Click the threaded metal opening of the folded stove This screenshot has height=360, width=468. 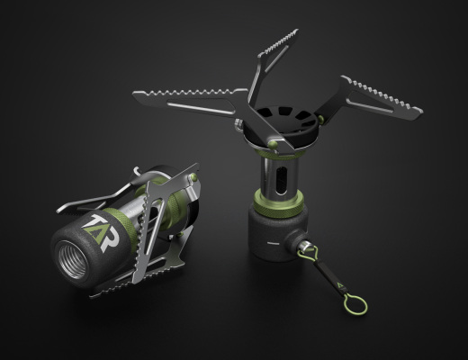point(73,260)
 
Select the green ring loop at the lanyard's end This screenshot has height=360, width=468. point(355,304)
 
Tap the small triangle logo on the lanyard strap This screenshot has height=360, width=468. point(340,284)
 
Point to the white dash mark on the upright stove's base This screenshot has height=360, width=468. point(273,243)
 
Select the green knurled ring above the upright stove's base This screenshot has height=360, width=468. point(278,202)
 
